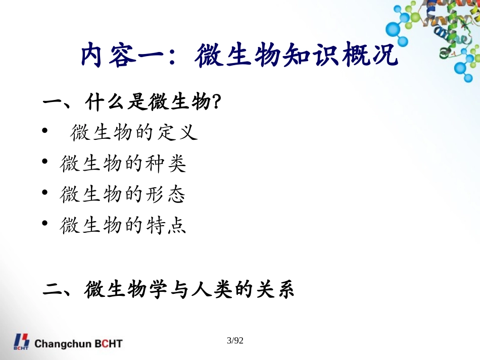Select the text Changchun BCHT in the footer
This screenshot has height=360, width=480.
(78, 344)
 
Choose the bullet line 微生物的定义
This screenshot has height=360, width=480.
(133, 133)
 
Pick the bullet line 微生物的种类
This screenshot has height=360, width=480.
(123, 164)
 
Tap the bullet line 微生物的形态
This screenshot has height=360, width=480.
(123, 194)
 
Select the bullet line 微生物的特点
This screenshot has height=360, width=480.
(123, 225)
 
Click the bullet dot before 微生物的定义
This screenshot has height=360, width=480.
(45, 132)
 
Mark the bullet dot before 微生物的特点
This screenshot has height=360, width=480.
(45, 223)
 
